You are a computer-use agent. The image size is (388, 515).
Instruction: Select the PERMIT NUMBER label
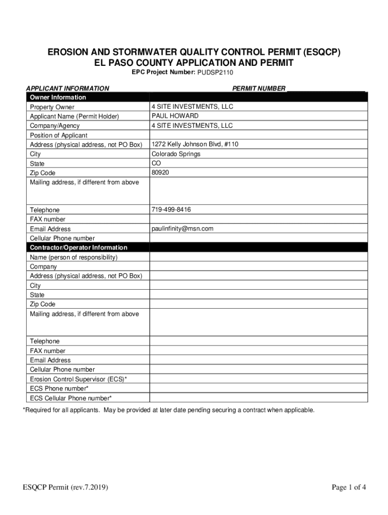258,88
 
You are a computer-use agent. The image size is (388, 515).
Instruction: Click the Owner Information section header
58,97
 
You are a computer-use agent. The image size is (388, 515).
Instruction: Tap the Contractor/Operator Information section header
79,247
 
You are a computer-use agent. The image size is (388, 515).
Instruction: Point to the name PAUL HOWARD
175,116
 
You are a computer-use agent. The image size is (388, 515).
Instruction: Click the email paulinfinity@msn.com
182,228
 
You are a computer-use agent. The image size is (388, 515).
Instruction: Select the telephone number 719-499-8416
171,209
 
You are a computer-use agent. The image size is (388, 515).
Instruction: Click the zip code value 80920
160,173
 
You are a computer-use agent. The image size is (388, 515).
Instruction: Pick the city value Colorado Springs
176,154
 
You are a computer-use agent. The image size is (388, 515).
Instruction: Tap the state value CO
156,163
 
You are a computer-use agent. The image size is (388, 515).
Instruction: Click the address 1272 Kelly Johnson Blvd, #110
195,144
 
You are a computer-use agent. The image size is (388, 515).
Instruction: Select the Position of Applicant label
58,135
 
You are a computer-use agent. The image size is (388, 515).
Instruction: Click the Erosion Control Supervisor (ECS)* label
78,379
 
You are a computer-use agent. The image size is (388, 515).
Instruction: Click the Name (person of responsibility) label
74,257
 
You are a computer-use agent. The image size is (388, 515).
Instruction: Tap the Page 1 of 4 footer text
349,487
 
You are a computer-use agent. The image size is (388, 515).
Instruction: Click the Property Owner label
52,107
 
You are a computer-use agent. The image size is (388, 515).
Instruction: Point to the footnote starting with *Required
168,410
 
